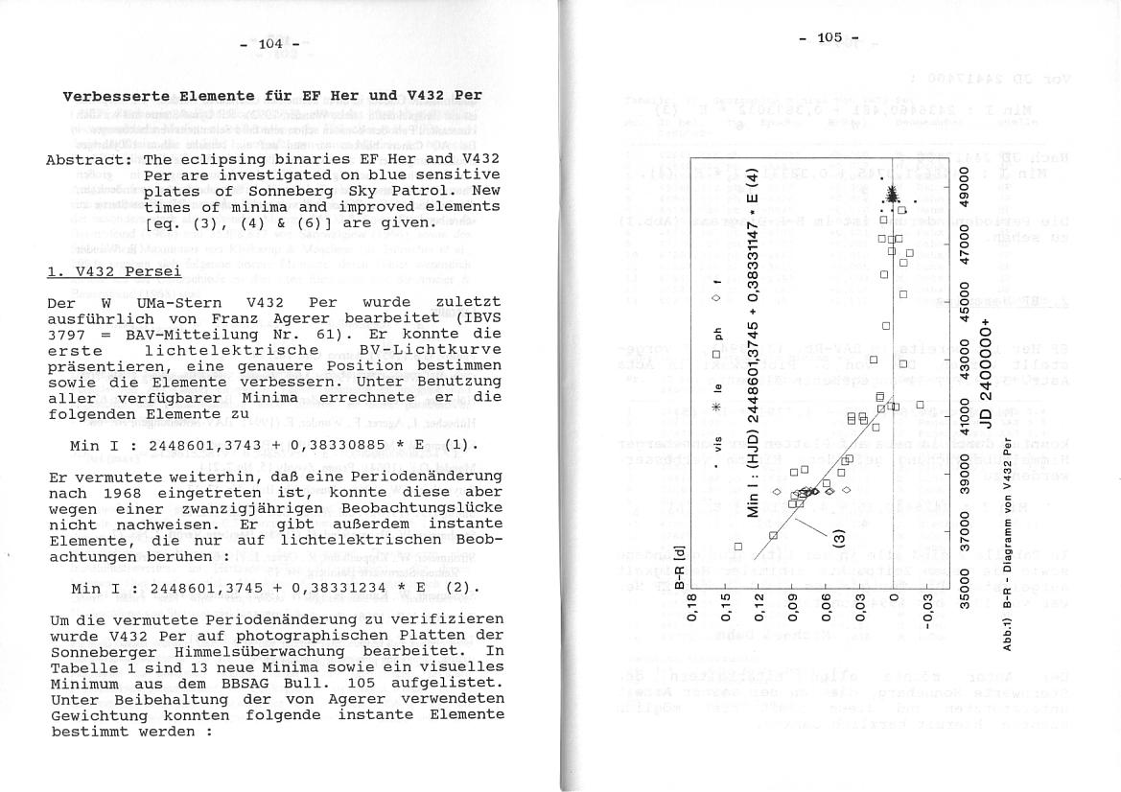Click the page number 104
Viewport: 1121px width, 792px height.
click(271, 43)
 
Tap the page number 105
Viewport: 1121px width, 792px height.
click(829, 37)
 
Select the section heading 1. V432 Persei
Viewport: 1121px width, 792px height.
click(114, 271)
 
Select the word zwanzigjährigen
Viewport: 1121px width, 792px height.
click(235, 508)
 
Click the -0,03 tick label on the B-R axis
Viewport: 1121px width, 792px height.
click(927, 608)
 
